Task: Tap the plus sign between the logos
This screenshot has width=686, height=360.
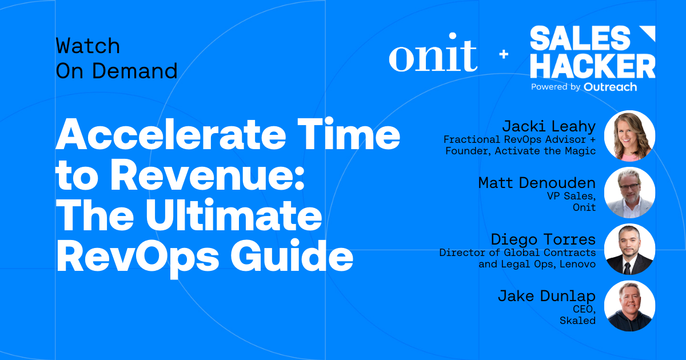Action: (x=504, y=54)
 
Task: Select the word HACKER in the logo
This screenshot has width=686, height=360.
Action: (x=592, y=66)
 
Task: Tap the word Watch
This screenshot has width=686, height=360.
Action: (x=87, y=45)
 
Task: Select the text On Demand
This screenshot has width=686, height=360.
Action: (x=116, y=71)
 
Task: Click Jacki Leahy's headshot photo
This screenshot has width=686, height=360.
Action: (x=629, y=136)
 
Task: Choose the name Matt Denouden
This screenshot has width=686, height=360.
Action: (x=537, y=183)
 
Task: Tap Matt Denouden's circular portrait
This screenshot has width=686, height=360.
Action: (x=629, y=193)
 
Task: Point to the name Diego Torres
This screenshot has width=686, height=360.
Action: (x=543, y=239)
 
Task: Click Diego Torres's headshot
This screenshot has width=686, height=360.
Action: (x=629, y=249)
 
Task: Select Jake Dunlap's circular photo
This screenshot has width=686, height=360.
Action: (x=629, y=306)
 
